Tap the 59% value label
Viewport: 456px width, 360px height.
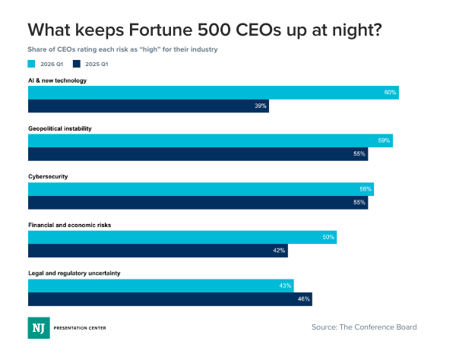click(x=384, y=141)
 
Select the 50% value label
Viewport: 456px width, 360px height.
click(x=328, y=237)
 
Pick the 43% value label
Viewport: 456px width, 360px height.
click(x=285, y=286)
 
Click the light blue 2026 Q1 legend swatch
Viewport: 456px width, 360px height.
click(x=31, y=65)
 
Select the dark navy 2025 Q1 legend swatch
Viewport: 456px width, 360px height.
click(x=77, y=65)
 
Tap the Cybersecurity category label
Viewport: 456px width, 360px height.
click(x=49, y=177)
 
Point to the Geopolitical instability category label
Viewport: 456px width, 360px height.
click(x=60, y=128)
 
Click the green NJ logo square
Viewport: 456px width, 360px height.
click(x=38, y=327)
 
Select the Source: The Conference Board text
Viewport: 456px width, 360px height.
click(x=364, y=327)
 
